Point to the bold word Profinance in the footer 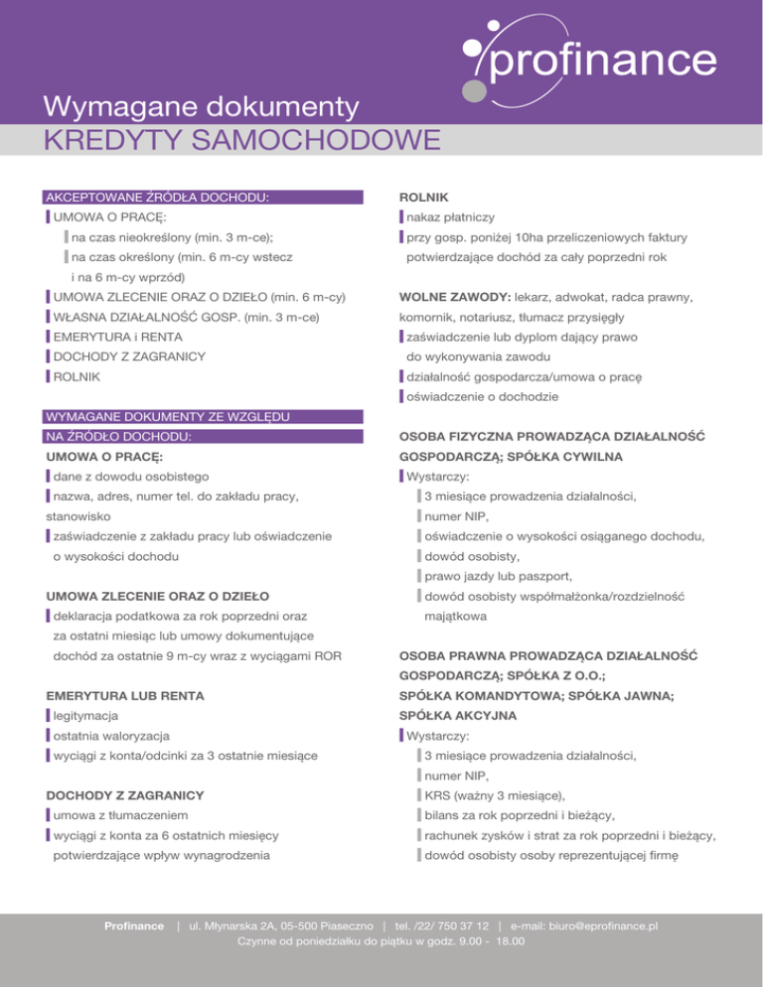134,926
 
